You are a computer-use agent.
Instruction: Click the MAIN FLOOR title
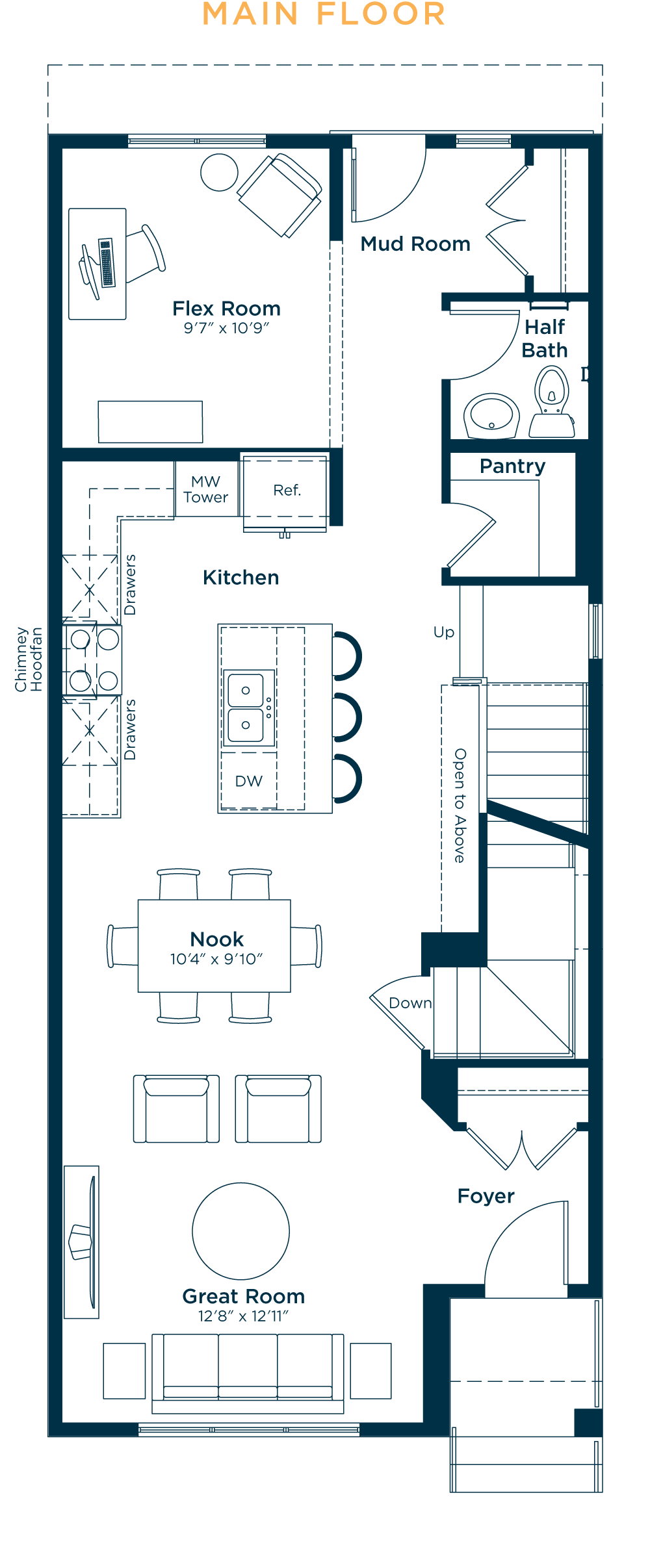point(324,14)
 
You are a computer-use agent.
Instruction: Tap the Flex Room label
point(226,309)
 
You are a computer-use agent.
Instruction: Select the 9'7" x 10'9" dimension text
point(226,328)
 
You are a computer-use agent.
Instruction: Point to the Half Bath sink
point(491,415)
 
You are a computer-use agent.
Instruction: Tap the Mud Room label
point(415,244)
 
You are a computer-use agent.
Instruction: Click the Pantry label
point(512,466)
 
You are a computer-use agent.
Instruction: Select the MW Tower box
point(206,489)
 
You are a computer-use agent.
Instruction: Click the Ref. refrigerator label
point(287,491)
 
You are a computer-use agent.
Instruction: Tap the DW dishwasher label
point(249,781)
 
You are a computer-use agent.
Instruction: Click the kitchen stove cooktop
point(94,660)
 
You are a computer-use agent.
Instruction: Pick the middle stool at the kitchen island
point(347,717)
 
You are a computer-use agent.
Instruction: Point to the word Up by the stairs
point(444,633)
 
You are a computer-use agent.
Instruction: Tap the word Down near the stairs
point(410,1003)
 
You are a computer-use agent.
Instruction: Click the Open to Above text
point(460,806)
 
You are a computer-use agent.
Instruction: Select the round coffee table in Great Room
point(240,1231)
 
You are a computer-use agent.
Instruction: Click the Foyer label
point(486,1196)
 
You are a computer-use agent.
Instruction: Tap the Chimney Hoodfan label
point(29,659)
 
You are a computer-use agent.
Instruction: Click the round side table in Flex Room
point(219,172)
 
